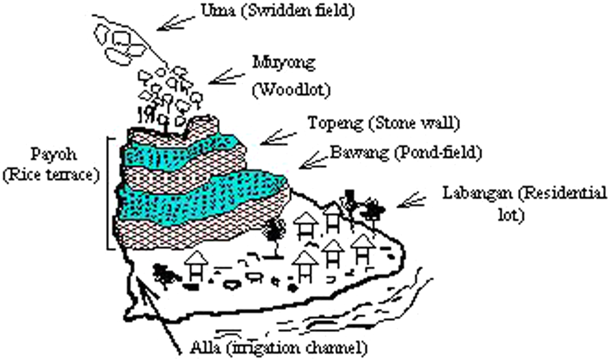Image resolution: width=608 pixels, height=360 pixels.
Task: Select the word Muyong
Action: coord(283,63)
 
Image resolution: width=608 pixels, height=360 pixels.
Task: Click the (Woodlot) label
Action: coord(291,90)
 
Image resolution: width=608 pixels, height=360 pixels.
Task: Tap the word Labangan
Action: coord(474,193)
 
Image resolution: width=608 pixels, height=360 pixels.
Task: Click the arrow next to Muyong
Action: coord(226,78)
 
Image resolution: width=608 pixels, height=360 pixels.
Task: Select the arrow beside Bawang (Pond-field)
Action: coord(314,161)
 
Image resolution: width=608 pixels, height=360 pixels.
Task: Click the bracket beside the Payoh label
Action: coord(111,193)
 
